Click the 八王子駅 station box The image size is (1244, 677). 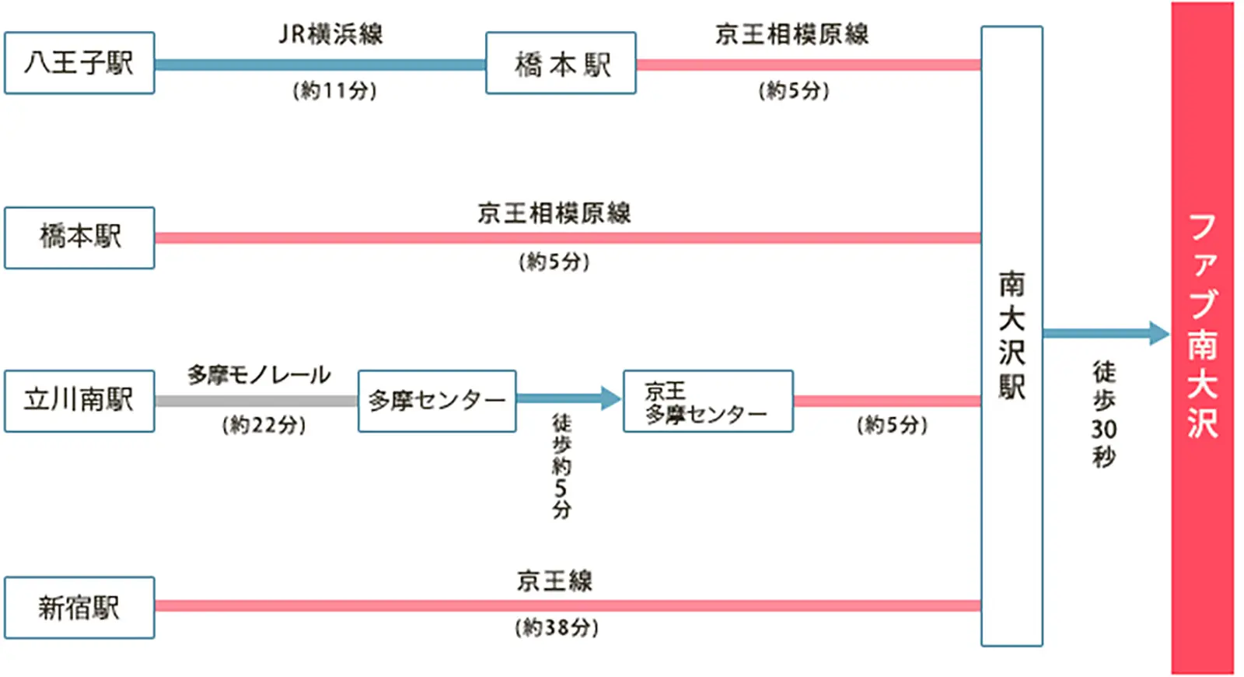pos(79,63)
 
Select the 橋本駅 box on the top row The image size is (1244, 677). pos(561,63)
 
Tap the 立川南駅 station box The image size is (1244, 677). pos(79,401)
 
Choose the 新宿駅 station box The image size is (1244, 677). pos(79,608)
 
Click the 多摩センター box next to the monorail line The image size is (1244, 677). pos(437,401)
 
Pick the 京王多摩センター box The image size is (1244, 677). pos(708,402)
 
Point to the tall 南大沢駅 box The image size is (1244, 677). pos(1012,335)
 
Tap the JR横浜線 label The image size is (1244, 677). pos(331,34)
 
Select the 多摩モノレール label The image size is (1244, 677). pos(259,375)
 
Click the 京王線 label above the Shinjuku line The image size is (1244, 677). pos(554,581)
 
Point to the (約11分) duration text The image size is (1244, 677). pos(334,91)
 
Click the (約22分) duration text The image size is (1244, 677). pos(264,425)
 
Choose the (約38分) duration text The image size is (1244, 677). pos(557,627)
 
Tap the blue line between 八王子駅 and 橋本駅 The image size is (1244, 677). pos(320,65)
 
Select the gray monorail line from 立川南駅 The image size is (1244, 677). pos(256,401)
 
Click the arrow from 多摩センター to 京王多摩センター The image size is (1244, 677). pos(568,399)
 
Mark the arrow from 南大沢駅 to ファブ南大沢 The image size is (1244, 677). pos(1104,334)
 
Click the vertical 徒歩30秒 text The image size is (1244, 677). pos(1104,413)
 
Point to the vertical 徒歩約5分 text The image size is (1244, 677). pos(561,465)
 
